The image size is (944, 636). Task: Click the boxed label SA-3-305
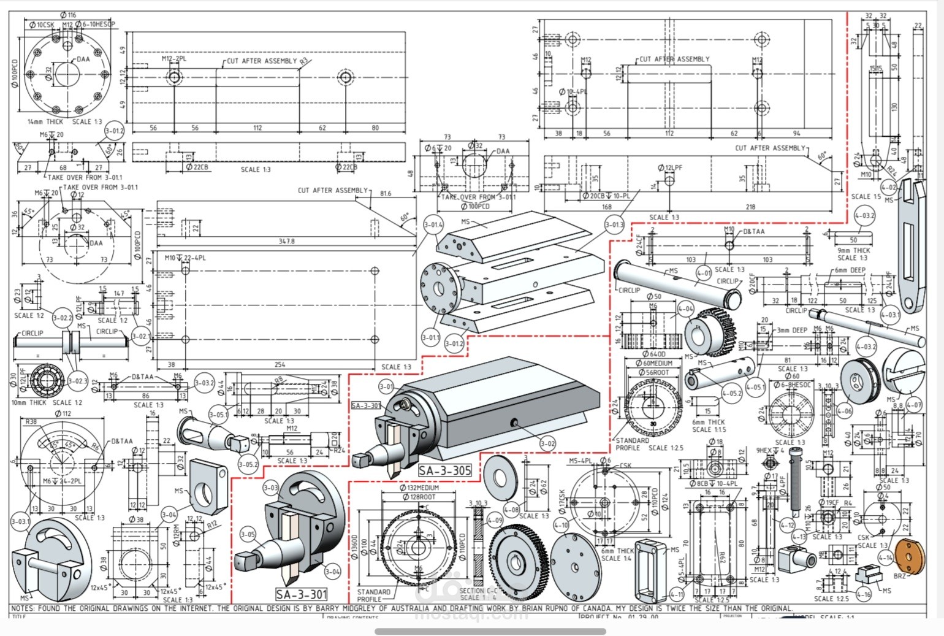pyautogui.click(x=445, y=470)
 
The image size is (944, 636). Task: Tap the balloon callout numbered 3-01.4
pyautogui.click(x=433, y=225)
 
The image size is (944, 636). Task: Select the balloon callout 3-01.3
pyautogui.click(x=614, y=225)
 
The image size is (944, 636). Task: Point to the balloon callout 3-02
pyautogui.click(x=547, y=443)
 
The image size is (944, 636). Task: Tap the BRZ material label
pyautogui.click(x=899, y=577)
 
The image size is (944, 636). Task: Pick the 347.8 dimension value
pyautogui.click(x=286, y=241)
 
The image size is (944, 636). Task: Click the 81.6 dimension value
pyautogui.click(x=385, y=194)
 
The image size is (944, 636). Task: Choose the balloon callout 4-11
pyautogui.click(x=676, y=594)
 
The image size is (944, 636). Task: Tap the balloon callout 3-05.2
pyautogui.click(x=248, y=464)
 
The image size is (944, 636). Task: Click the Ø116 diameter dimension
pyautogui.click(x=69, y=15)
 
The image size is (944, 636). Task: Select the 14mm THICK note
pyautogui.click(x=45, y=121)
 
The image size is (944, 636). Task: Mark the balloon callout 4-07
pyautogui.click(x=913, y=405)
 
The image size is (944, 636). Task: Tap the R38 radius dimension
pyautogui.click(x=31, y=421)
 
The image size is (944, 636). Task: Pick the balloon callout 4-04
pyautogui.click(x=686, y=308)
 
